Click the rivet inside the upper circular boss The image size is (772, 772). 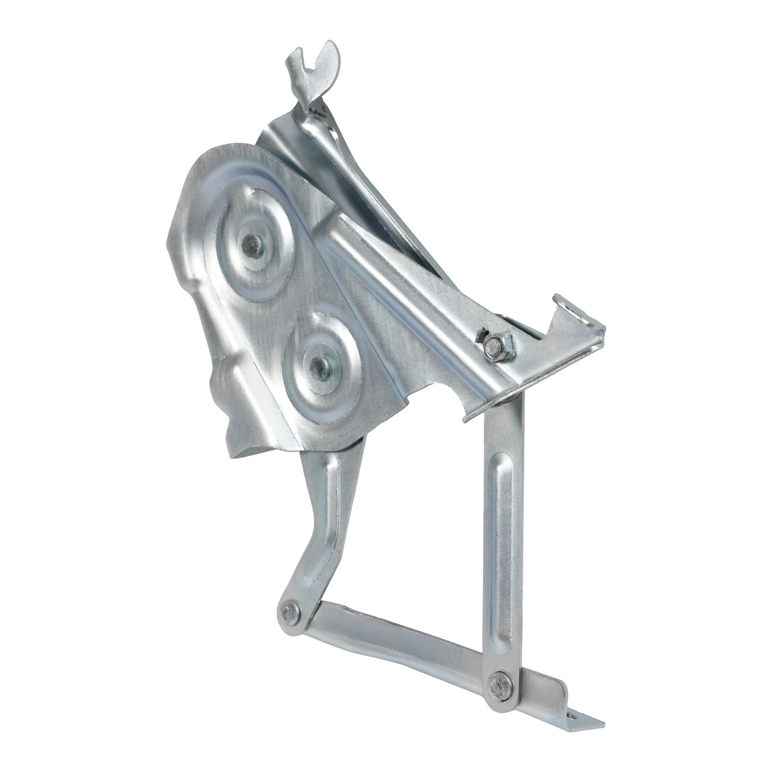pyautogui.click(x=252, y=242)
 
